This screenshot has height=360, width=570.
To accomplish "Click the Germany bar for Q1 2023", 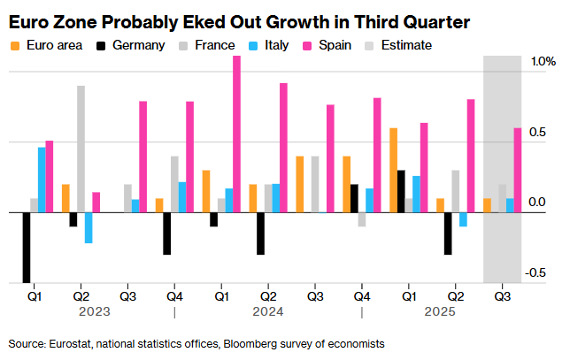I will (x=27, y=248).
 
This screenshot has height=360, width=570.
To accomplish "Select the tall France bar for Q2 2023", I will (x=81, y=149).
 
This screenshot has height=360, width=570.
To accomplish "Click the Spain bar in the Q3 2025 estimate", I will (x=518, y=170).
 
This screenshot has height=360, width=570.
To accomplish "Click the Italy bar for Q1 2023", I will (x=42, y=180).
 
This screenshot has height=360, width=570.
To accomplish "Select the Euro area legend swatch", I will (x=13, y=44).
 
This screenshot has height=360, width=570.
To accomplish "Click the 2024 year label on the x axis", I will (x=267, y=311).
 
